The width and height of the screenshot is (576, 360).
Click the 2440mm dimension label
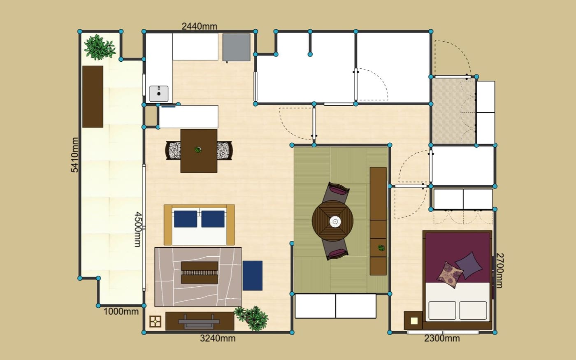pos(199,26)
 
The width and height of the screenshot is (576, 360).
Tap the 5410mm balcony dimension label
pos(74,155)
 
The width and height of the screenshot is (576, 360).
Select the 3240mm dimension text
pos(218,338)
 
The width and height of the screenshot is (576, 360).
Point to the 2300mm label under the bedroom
pos(442,338)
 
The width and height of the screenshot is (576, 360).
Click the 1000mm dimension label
pos(121,312)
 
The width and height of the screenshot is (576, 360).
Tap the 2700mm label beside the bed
pos(499,271)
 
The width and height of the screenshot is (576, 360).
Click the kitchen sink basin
pos(159,94)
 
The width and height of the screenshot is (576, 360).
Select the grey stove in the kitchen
pos(236,48)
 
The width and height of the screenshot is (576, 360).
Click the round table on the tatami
pos(332,221)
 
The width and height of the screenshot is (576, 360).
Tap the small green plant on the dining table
pos(198,149)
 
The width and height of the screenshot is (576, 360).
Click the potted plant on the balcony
pos(99,47)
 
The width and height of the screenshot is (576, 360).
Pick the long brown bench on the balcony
pos(93,97)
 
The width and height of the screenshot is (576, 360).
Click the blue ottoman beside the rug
pos(253,276)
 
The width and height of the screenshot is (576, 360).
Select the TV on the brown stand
pos(199,321)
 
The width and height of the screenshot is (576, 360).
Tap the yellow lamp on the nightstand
pos(414,321)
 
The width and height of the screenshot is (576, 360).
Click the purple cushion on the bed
pos(469,265)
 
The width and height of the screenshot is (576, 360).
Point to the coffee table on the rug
pos(200,272)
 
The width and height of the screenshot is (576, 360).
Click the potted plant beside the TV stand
pos(251,318)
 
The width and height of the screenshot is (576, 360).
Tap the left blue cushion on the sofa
pos(186,219)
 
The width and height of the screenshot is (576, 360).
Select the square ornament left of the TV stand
pos(156,321)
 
